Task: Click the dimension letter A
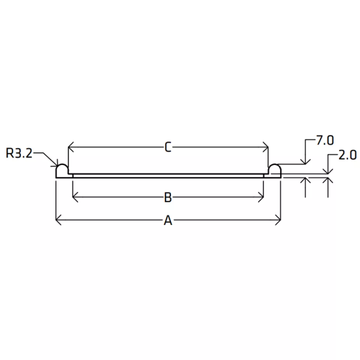[168, 220]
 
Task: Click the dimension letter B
[168, 197]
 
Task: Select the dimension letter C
[168, 147]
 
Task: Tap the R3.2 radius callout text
[19, 153]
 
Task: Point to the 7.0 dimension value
[325, 140]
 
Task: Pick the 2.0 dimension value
[348, 155]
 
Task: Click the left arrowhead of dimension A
[58, 220]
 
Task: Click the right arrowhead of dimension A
[278, 220]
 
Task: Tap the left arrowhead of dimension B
[75, 197]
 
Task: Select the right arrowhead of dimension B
[261, 197]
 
